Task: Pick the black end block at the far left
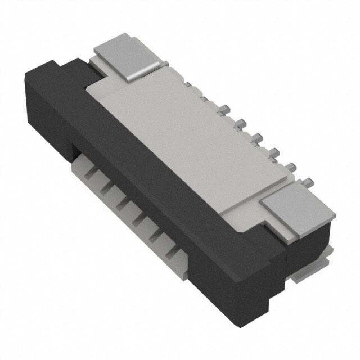[x=45, y=107]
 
